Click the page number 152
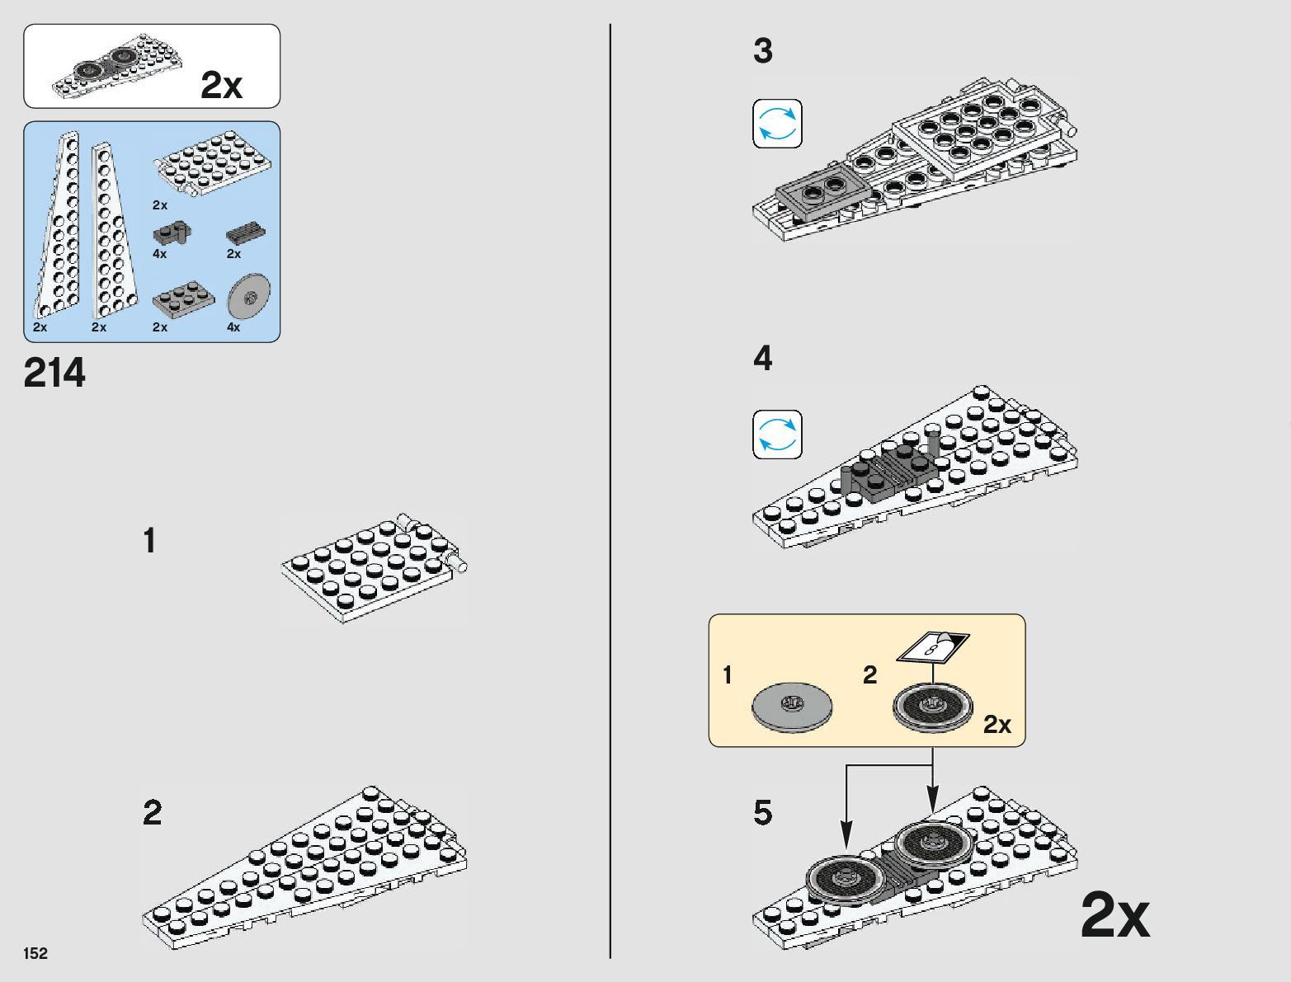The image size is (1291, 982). coord(35,953)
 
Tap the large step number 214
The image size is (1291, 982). coord(54,373)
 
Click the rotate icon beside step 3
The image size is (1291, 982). coord(777,124)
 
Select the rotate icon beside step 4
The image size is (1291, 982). coord(777,435)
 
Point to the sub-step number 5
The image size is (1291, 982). coord(763,813)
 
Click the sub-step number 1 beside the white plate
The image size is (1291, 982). coord(149,541)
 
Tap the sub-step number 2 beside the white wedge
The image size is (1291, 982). coord(153,813)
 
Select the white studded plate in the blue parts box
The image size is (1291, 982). coord(213,163)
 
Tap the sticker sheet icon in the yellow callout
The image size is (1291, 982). coord(933,646)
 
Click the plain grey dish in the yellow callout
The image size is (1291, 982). coord(792,707)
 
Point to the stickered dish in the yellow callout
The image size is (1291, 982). coord(933,707)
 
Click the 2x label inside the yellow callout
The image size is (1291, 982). coord(997,725)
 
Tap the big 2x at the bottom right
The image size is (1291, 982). coord(1114,915)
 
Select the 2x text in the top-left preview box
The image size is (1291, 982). coord(221,85)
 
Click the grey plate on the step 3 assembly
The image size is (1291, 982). coord(823,195)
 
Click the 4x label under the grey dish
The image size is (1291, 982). coord(233,327)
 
